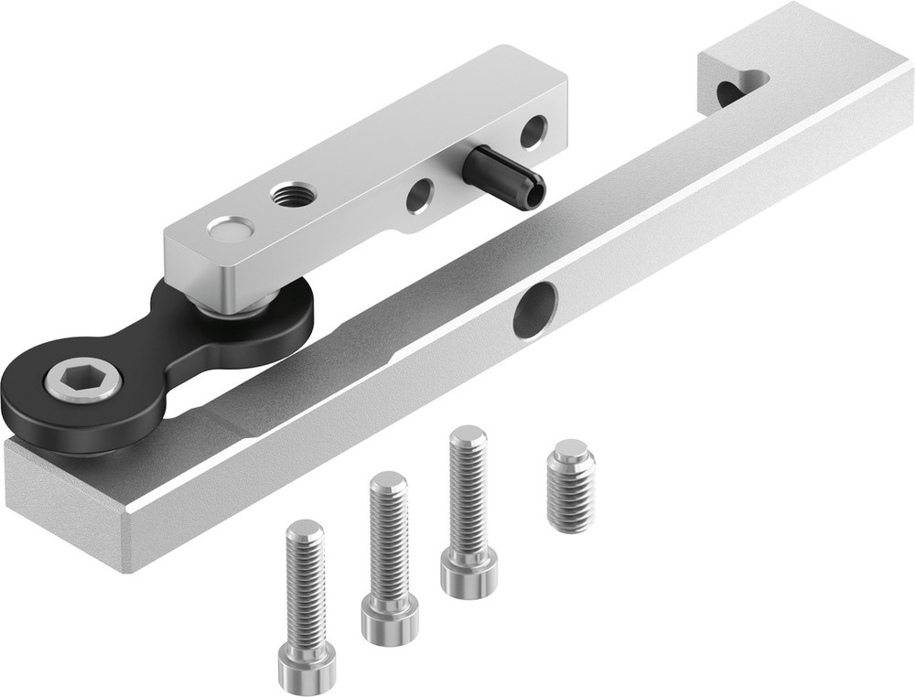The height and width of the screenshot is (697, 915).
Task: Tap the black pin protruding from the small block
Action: pos(503,174)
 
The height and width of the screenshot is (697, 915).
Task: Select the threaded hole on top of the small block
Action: pos(295,194)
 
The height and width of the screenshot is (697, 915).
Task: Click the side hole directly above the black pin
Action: pos(533,132)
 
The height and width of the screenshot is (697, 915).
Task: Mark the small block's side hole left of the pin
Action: pos(420,195)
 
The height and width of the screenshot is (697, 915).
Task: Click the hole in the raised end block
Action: pos(730,92)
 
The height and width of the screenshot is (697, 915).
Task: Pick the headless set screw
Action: pos(571,486)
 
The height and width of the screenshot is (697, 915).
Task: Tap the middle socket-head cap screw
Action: pos(389,557)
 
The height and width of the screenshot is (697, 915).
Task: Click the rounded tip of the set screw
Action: pos(571,450)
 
